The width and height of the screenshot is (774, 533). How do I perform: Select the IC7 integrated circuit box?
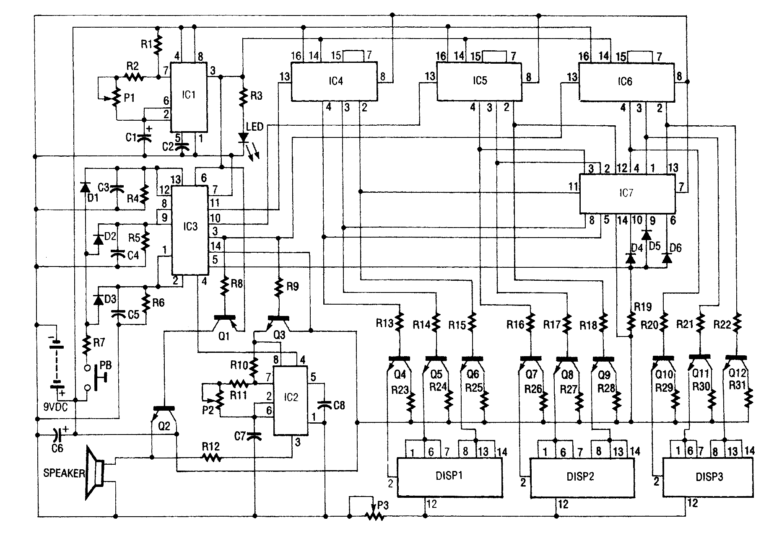(626, 193)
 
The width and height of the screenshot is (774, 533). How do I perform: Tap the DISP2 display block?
(581, 477)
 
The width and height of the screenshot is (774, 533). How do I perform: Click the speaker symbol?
(95, 473)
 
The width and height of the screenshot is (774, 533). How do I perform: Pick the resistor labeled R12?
(210, 458)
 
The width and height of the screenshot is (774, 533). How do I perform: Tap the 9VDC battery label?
(56, 406)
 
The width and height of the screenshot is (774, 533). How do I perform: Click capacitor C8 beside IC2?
(325, 404)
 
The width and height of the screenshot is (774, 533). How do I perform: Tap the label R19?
(642, 307)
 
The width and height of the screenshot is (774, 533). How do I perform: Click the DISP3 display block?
(709, 477)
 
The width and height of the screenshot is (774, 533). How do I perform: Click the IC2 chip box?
(291, 400)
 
